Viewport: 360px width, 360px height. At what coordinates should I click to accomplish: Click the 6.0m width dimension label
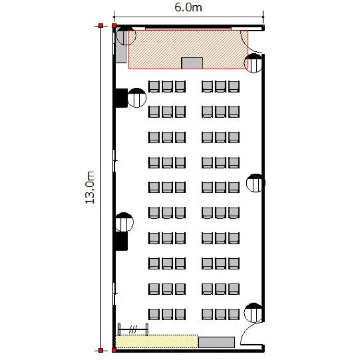[188, 7]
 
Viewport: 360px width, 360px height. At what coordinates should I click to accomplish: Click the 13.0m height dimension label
[90, 187]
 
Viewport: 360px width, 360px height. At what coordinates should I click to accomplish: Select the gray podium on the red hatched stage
[192, 63]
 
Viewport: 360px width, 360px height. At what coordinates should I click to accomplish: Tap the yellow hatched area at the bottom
[156, 341]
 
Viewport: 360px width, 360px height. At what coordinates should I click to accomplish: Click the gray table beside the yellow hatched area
[216, 342]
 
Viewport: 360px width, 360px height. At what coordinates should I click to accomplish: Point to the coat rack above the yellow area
[133, 330]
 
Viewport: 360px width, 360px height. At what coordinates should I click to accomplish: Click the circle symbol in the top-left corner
[126, 36]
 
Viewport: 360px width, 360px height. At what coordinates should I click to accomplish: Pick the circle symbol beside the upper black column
[137, 98]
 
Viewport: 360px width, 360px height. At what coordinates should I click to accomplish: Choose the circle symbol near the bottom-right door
[253, 312]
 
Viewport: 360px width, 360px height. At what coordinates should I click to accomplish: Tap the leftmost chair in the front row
[154, 86]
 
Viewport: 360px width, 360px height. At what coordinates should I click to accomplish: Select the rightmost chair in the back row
[234, 314]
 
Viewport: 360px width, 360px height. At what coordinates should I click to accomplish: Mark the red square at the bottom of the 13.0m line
[101, 350]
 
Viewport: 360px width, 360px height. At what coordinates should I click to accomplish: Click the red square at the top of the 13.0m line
[101, 26]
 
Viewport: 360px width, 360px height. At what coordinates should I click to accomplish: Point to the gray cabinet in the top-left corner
[121, 45]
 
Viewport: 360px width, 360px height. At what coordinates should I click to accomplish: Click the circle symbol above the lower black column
[124, 222]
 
